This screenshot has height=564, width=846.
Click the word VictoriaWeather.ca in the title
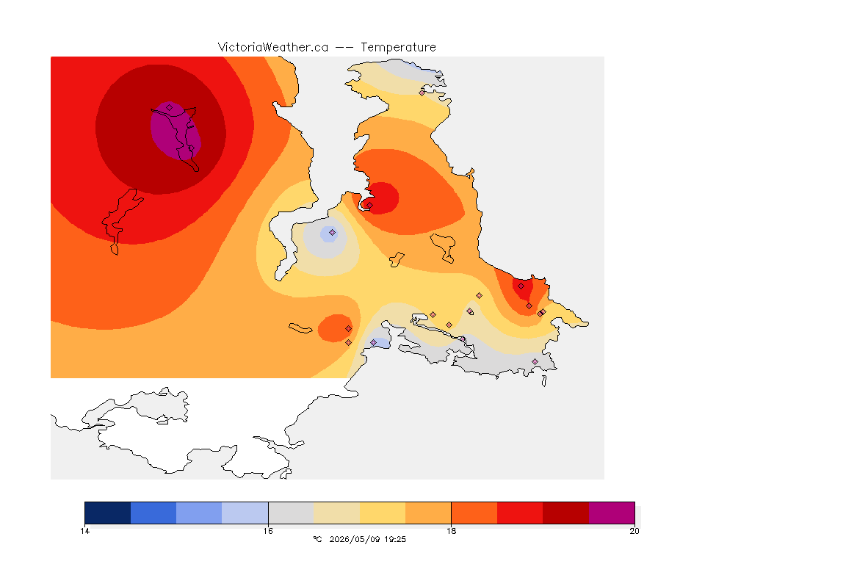pos(273,48)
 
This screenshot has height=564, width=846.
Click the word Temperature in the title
pos(398,48)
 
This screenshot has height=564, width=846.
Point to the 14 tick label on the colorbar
pos(84,531)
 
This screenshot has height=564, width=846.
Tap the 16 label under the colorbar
pos(268,531)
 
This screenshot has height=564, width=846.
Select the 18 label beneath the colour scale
pos(451,531)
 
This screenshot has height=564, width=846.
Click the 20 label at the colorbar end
pos(634,531)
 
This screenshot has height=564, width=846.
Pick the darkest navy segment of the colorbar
pos(108,513)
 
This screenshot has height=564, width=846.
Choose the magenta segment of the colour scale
pos(611,513)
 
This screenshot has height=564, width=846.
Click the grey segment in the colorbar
pos(291,513)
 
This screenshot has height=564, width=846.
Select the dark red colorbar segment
pos(565,513)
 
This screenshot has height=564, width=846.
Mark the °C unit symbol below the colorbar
pos(317,539)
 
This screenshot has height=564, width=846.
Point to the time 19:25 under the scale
pos(395,539)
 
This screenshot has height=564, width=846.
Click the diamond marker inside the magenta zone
pos(170,108)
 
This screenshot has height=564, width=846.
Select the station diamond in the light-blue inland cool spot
pos(333,233)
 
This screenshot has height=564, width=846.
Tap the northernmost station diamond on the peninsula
pos(422,93)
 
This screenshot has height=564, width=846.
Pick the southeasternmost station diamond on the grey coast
pos(535,361)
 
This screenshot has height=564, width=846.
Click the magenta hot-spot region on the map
pos(176,131)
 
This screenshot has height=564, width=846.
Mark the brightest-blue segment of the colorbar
pos(153,513)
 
